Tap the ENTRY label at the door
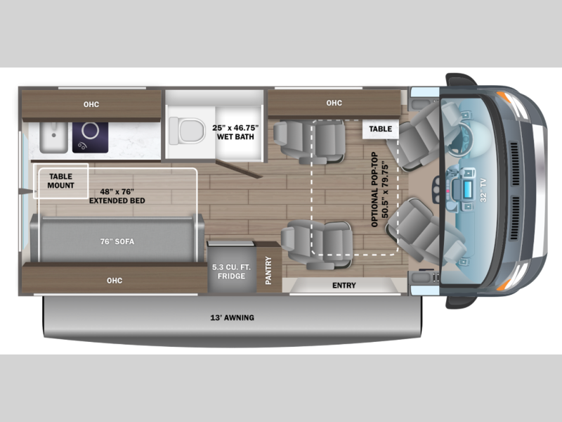pyautogui.click(x=344, y=285)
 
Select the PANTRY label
pyautogui.click(x=268, y=270)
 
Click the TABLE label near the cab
pyautogui.click(x=380, y=129)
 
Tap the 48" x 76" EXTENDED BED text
pyautogui.click(x=117, y=195)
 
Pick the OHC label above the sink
pyautogui.click(x=91, y=105)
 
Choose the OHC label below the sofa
pyautogui.click(x=115, y=281)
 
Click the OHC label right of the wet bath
pyautogui.click(x=334, y=103)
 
